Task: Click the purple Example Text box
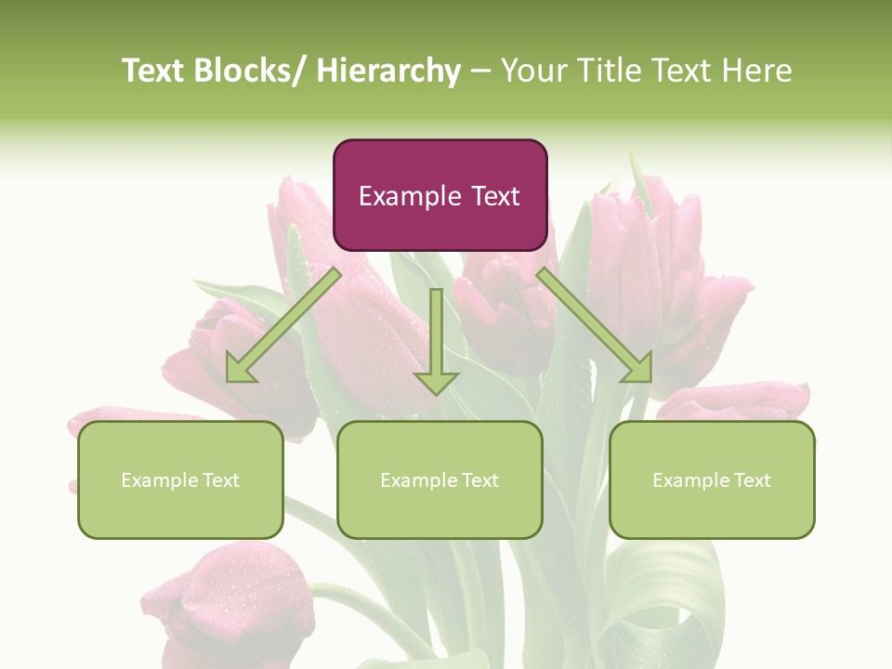tap(439, 195)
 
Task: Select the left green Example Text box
tap(180, 479)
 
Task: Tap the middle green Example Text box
tap(439, 479)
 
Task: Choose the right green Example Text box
tap(712, 479)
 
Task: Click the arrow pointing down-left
tap(283, 325)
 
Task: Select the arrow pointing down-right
tap(595, 325)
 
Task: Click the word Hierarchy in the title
tap(388, 71)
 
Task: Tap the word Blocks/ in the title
tap(251, 71)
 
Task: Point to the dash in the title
tap(480, 71)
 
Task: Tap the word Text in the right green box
tap(751, 479)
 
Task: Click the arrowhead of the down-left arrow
tap(241, 368)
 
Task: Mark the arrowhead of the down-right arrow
tap(637, 368)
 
